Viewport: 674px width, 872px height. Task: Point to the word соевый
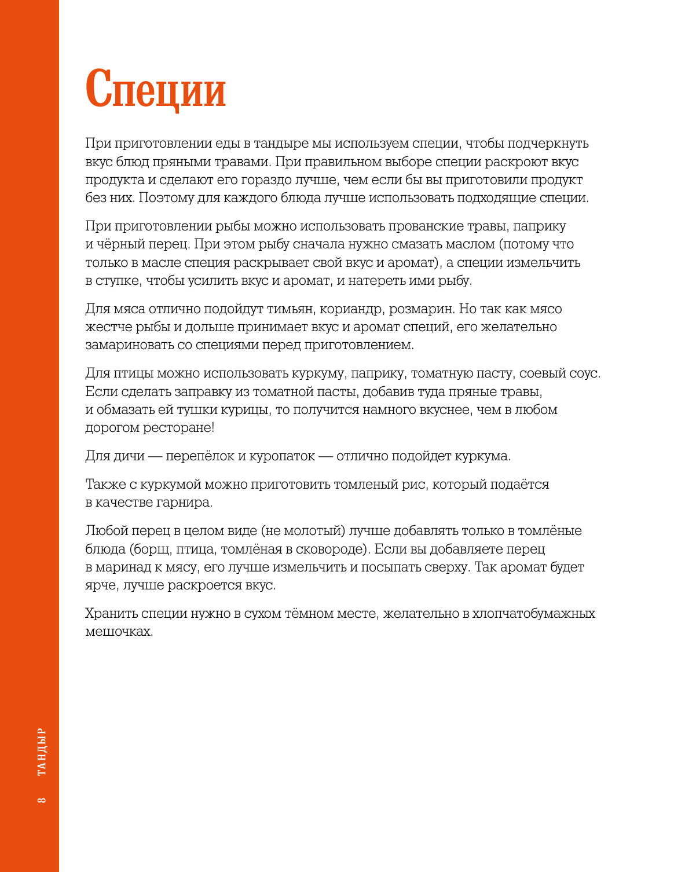click(542, 373)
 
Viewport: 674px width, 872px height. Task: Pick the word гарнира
click(184, 503)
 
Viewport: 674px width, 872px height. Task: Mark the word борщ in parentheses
click(153, 549)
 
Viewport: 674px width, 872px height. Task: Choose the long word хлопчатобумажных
click(533, 613)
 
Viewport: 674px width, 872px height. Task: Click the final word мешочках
click(119, 631)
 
